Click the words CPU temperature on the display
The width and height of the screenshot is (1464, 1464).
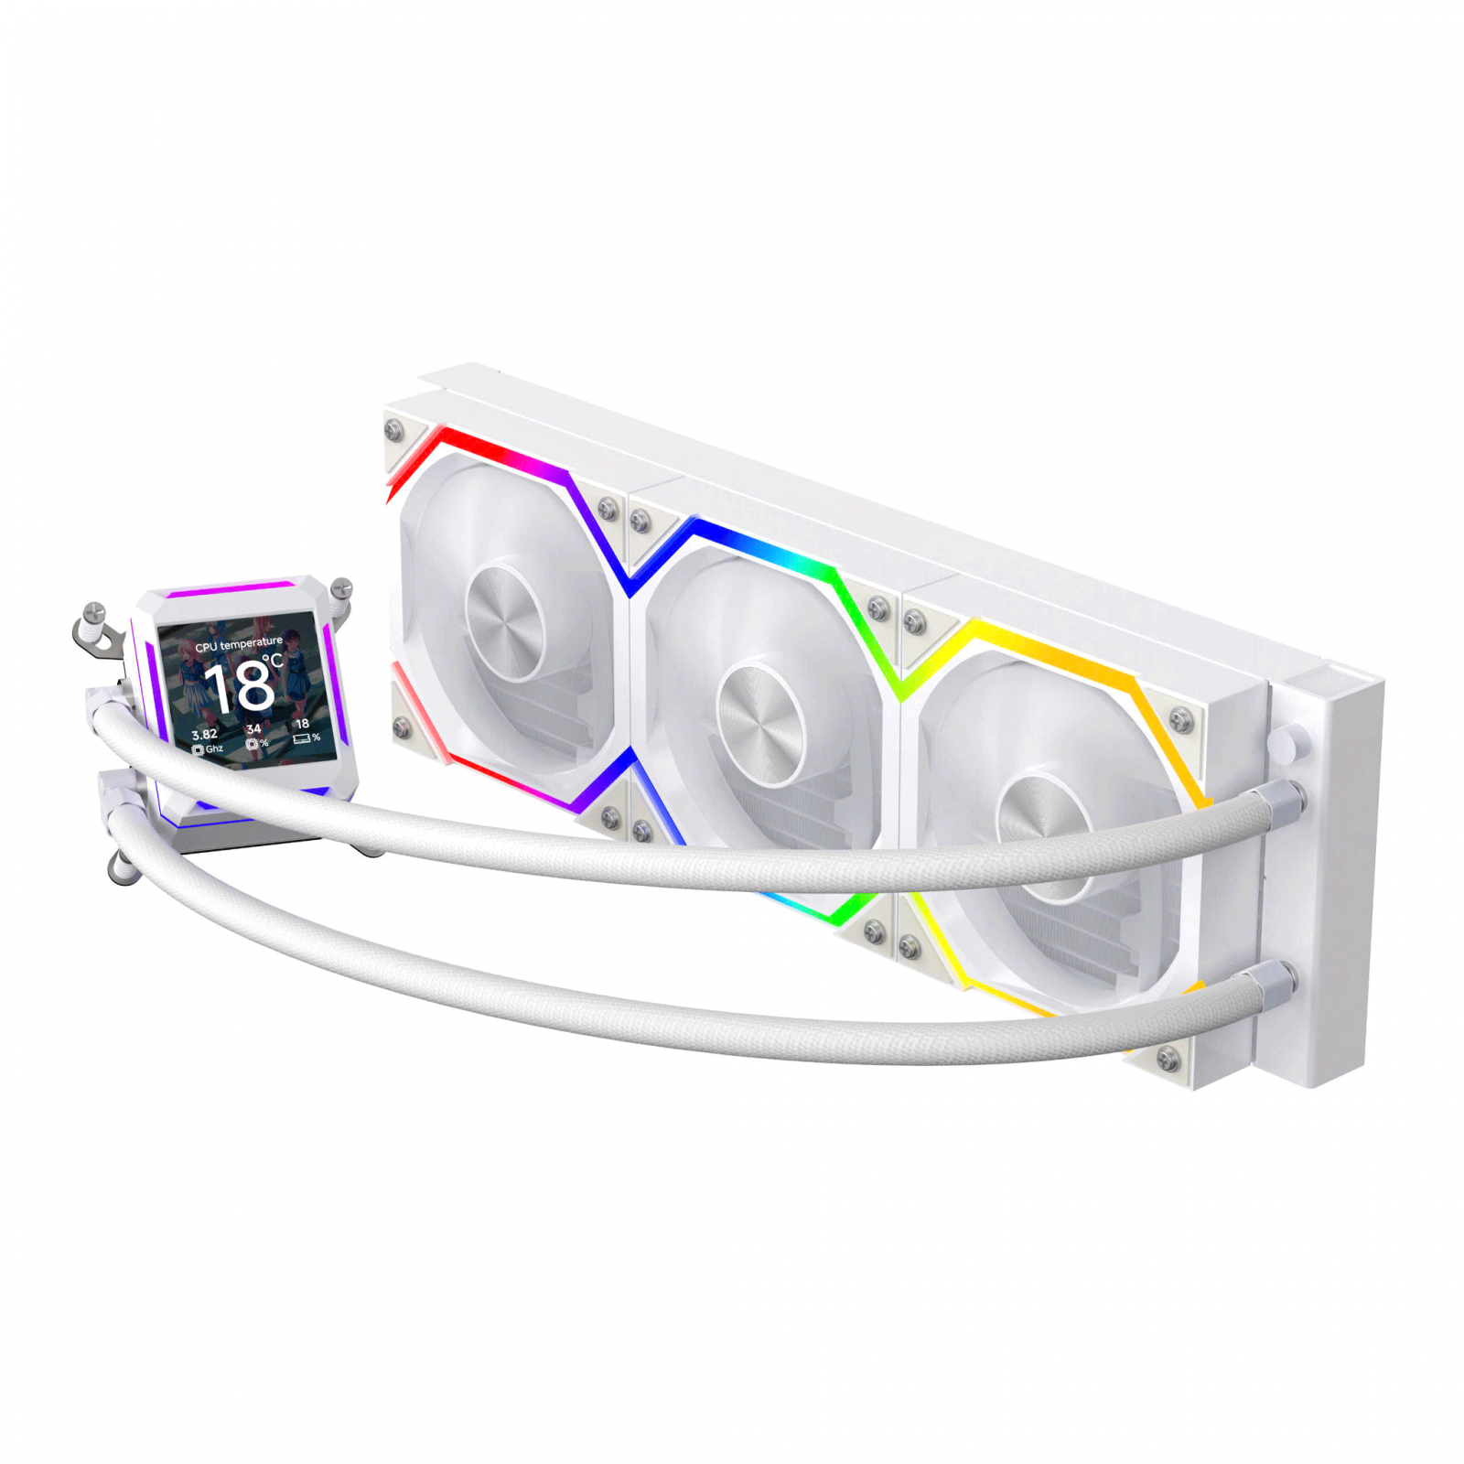[238, 644]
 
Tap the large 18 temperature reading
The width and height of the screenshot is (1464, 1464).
[240, 686]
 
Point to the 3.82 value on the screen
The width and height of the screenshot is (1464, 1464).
[204, 734]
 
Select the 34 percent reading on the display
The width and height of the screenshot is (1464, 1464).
[253, 729]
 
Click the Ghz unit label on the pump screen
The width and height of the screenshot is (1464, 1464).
[214, 748]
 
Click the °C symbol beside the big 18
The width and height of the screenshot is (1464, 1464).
[272, 661]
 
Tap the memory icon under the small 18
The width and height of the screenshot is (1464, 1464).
[301, 739]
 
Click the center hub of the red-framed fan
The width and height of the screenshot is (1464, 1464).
[505, 622]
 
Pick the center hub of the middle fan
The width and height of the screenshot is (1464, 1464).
[759, 724]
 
